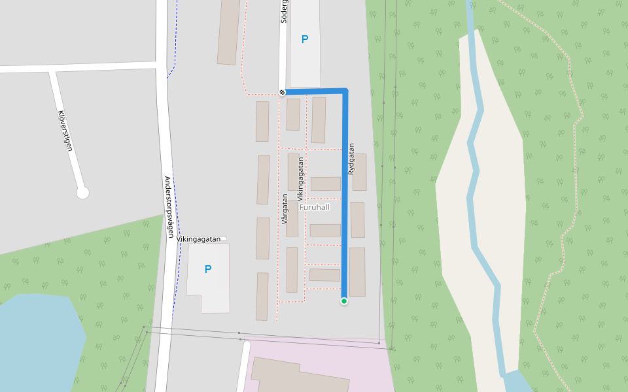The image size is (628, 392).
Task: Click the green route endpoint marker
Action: tap(343, 301)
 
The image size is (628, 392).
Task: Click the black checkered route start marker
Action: tap(282, 93)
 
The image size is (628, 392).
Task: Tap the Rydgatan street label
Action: tap(351, 159)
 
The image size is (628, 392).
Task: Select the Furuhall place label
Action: tap(314, 207)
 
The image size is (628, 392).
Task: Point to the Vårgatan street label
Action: tap(285, 209)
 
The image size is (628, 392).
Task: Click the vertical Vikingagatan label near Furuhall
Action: tap(300, 178)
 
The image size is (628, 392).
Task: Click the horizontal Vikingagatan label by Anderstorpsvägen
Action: tap(199, 239)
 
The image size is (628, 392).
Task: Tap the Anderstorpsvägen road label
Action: tap(169, 206)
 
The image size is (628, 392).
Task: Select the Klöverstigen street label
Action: tap(65, 131)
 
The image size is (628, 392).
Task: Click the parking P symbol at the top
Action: tap(304, 40)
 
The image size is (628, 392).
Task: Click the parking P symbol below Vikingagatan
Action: tap(208, 269)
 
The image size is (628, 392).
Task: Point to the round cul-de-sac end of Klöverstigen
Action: tap(82, 192)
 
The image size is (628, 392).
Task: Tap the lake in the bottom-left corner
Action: tap(36, 340)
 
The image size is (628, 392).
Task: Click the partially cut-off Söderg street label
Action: tap(284, 12)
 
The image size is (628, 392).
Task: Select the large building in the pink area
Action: tap(307, 376)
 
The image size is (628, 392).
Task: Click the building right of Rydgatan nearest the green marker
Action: tap(357, 271)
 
